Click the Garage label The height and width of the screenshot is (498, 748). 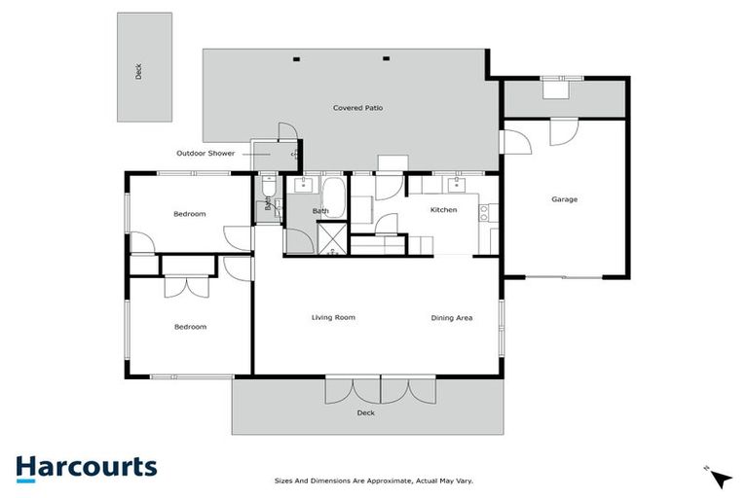click(564, 199)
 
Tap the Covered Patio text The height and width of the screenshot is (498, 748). click(351, 108)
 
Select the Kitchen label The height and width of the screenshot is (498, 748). click(443, 210)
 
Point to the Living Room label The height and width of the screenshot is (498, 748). click(333, 317)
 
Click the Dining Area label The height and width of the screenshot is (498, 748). click(452, 317)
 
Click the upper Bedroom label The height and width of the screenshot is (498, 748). click(190, 214)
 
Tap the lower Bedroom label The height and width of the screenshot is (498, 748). click(190, 327)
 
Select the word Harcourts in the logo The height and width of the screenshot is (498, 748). click(86, 467)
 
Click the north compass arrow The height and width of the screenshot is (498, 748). click(720, 479)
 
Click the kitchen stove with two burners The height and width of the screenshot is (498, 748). click(483, 213)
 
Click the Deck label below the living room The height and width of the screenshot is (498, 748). click(365, 412)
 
